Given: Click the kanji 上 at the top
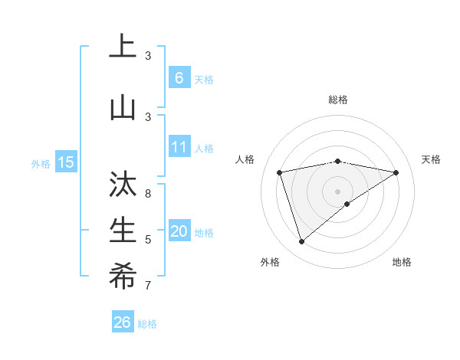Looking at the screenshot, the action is point(122,47).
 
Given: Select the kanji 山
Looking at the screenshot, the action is point(122,107).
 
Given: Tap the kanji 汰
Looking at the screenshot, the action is point(122,185).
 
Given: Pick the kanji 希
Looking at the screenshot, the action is point(122,277).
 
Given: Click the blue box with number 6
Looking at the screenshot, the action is point(179,78).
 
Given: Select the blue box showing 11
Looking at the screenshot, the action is point(179,147).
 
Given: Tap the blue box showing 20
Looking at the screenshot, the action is point(179,231).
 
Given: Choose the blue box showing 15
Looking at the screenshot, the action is point(66,162).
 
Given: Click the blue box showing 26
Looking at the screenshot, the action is point(123,323).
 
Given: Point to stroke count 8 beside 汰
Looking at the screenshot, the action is point(148,194).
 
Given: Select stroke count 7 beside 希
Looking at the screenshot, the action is point(148,286).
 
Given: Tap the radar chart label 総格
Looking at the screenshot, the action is point(337,100).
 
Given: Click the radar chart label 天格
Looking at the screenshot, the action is point(432,159).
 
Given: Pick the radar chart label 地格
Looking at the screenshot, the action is point(402,262).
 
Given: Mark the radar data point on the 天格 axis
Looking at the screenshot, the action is point(396,172).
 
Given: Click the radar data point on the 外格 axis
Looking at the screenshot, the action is point(301,242).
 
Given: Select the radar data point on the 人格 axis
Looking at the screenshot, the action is point(280,172).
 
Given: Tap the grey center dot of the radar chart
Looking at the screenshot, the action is point(337,191).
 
